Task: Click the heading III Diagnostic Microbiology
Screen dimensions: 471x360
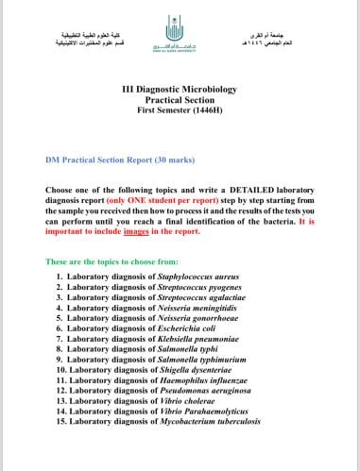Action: coord(180,88)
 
